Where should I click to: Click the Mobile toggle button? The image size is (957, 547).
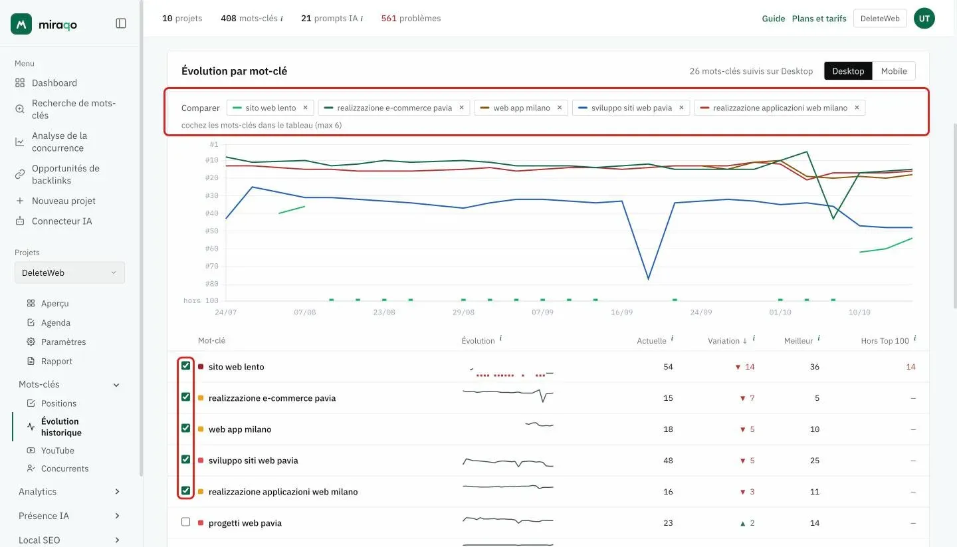(x=894, y=71)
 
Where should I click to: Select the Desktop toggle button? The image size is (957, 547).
(x=848, y=71)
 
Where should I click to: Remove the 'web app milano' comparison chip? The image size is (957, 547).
(x=560, y=108)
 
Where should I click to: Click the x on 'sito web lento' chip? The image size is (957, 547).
(x=305, y=108)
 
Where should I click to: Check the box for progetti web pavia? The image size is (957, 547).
(x=185, y=522)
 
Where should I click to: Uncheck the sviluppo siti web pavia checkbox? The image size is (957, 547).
(x=185, y=459)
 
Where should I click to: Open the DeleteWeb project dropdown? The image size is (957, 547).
(x=70, y=273)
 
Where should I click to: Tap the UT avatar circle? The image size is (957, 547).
(x=924, y=19)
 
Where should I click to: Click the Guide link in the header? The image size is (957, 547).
(x=774, y=19)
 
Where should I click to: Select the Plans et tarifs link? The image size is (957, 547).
(x=819, y=19)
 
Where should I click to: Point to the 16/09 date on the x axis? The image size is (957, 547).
(x=621, y=312)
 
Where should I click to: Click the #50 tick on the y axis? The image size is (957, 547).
(x=211, y=231)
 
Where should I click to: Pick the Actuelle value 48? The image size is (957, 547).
(x=668, y=461)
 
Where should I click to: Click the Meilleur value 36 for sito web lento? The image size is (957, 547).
(x=815, y=367)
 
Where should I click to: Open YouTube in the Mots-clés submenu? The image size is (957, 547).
(x=57, y=451)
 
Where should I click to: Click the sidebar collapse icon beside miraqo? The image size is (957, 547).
(x=121, y=23)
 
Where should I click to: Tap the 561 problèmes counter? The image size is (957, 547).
(x=411, y=19)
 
